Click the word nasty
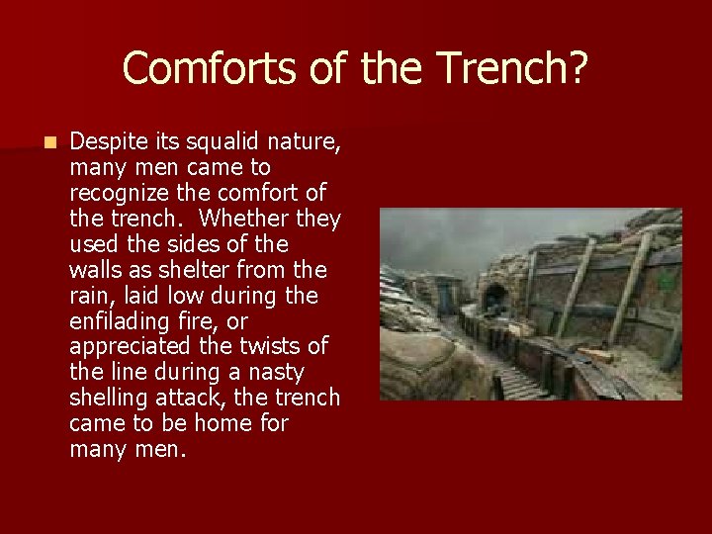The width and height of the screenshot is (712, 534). tap(276, 373)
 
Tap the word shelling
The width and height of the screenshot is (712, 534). tap(107, 399)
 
